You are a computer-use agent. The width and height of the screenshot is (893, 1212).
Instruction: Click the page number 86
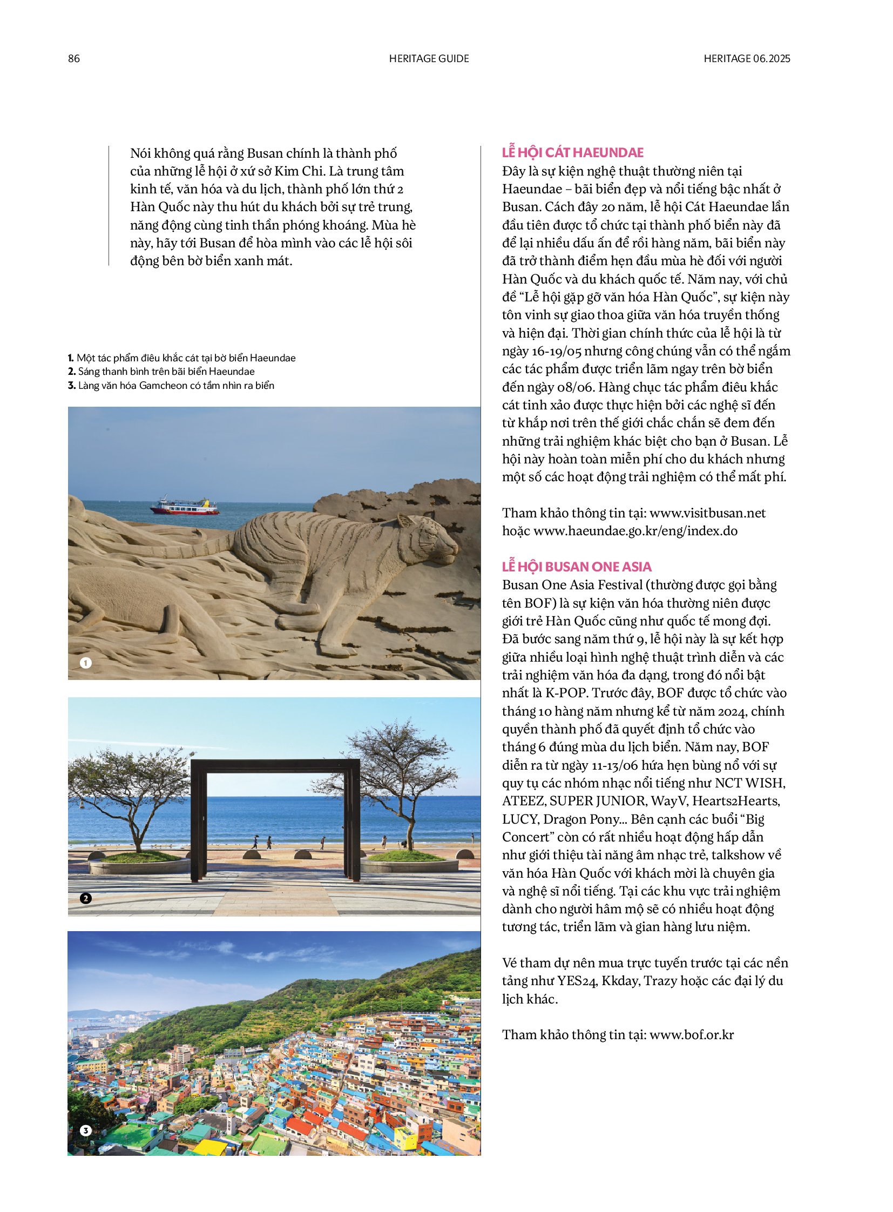73,58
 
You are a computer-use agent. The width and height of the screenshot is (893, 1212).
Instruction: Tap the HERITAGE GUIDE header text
429,58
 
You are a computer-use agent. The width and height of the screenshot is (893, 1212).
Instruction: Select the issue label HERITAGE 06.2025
747,58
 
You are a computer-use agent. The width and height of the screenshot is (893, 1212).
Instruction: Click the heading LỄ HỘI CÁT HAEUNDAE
572,152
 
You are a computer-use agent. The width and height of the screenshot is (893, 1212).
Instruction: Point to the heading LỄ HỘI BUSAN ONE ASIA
576,567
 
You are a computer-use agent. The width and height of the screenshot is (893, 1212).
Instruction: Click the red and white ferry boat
185,506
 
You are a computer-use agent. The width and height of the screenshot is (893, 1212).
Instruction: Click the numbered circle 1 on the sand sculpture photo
85,663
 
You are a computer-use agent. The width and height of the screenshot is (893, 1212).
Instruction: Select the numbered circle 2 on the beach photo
85,898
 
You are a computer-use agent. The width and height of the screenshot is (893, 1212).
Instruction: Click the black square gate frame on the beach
275,766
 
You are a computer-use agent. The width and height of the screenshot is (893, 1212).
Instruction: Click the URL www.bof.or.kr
692,1035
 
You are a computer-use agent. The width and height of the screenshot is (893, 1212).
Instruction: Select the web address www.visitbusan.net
707,513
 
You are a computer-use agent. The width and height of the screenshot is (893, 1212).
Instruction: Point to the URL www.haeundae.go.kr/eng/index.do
635,530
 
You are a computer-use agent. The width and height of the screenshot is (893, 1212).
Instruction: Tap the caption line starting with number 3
171,385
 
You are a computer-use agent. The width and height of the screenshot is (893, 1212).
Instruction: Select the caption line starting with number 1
181,358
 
